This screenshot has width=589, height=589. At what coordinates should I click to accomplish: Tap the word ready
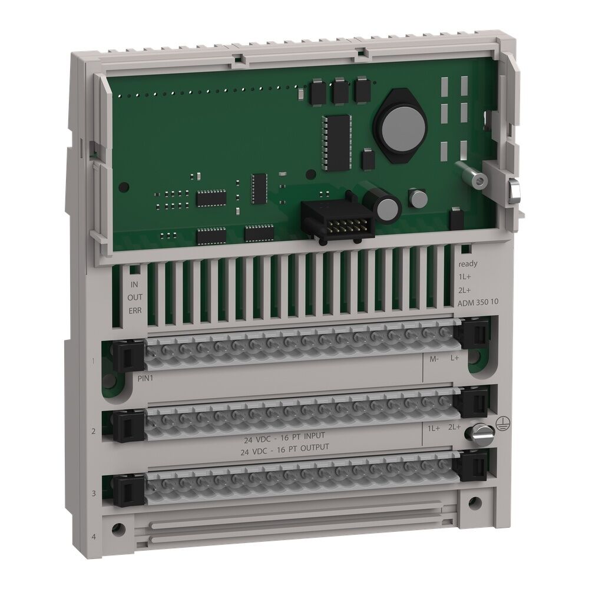468,264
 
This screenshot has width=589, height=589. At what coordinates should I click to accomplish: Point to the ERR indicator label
135,310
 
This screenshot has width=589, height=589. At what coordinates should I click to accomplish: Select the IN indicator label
134,284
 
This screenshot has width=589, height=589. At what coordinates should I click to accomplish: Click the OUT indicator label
135,297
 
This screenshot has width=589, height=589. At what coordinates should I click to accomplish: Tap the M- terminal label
434,358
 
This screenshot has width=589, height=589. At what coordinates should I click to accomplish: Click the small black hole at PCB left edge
123,187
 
